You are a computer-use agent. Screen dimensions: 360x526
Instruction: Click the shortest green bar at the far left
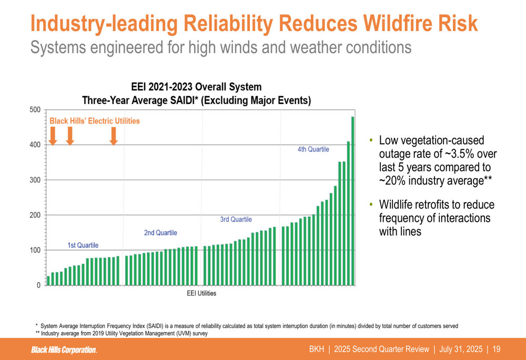48,281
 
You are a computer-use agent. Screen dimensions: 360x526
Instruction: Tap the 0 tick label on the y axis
38,285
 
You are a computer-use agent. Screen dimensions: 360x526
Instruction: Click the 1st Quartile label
83,245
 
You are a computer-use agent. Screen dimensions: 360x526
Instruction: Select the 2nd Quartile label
160,233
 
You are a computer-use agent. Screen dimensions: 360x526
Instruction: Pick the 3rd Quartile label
236,220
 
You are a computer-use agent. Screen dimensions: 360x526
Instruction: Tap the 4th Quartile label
313,149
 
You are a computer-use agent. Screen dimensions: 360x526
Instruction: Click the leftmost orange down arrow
53,136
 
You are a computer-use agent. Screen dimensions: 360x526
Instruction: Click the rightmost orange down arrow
113,136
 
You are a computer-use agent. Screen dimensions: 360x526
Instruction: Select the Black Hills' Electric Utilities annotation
95,121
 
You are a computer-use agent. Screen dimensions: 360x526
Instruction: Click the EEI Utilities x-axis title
201,293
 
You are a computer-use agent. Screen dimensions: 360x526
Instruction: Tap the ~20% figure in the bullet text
392,180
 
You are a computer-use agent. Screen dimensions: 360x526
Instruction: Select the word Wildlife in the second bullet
399,204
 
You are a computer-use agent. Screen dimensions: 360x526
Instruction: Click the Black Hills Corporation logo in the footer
64,349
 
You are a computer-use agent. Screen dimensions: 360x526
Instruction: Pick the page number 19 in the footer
497,349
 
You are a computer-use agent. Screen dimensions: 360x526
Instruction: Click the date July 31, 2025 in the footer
460,349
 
